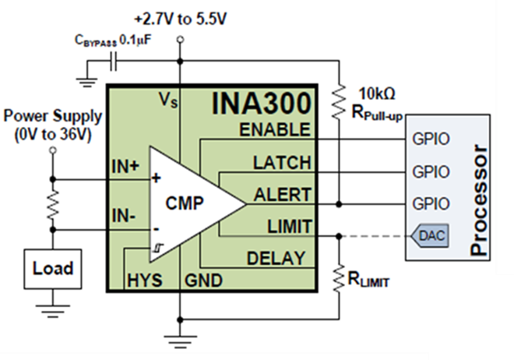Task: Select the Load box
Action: click(x=52, y=269)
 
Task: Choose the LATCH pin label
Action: click(x=281, y=163)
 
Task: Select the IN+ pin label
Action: click(x=126, y=166)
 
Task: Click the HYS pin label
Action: click(x=146, y=278)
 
